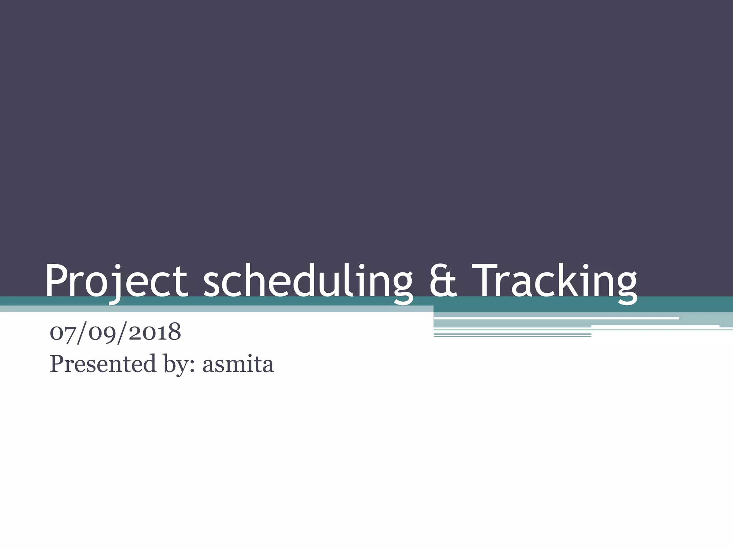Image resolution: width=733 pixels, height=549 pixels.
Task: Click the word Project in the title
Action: tap(116, 281)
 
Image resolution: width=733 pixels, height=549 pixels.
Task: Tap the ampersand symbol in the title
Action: tap(443, 281)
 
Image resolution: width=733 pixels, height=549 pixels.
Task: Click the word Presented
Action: tap(103, 364)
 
